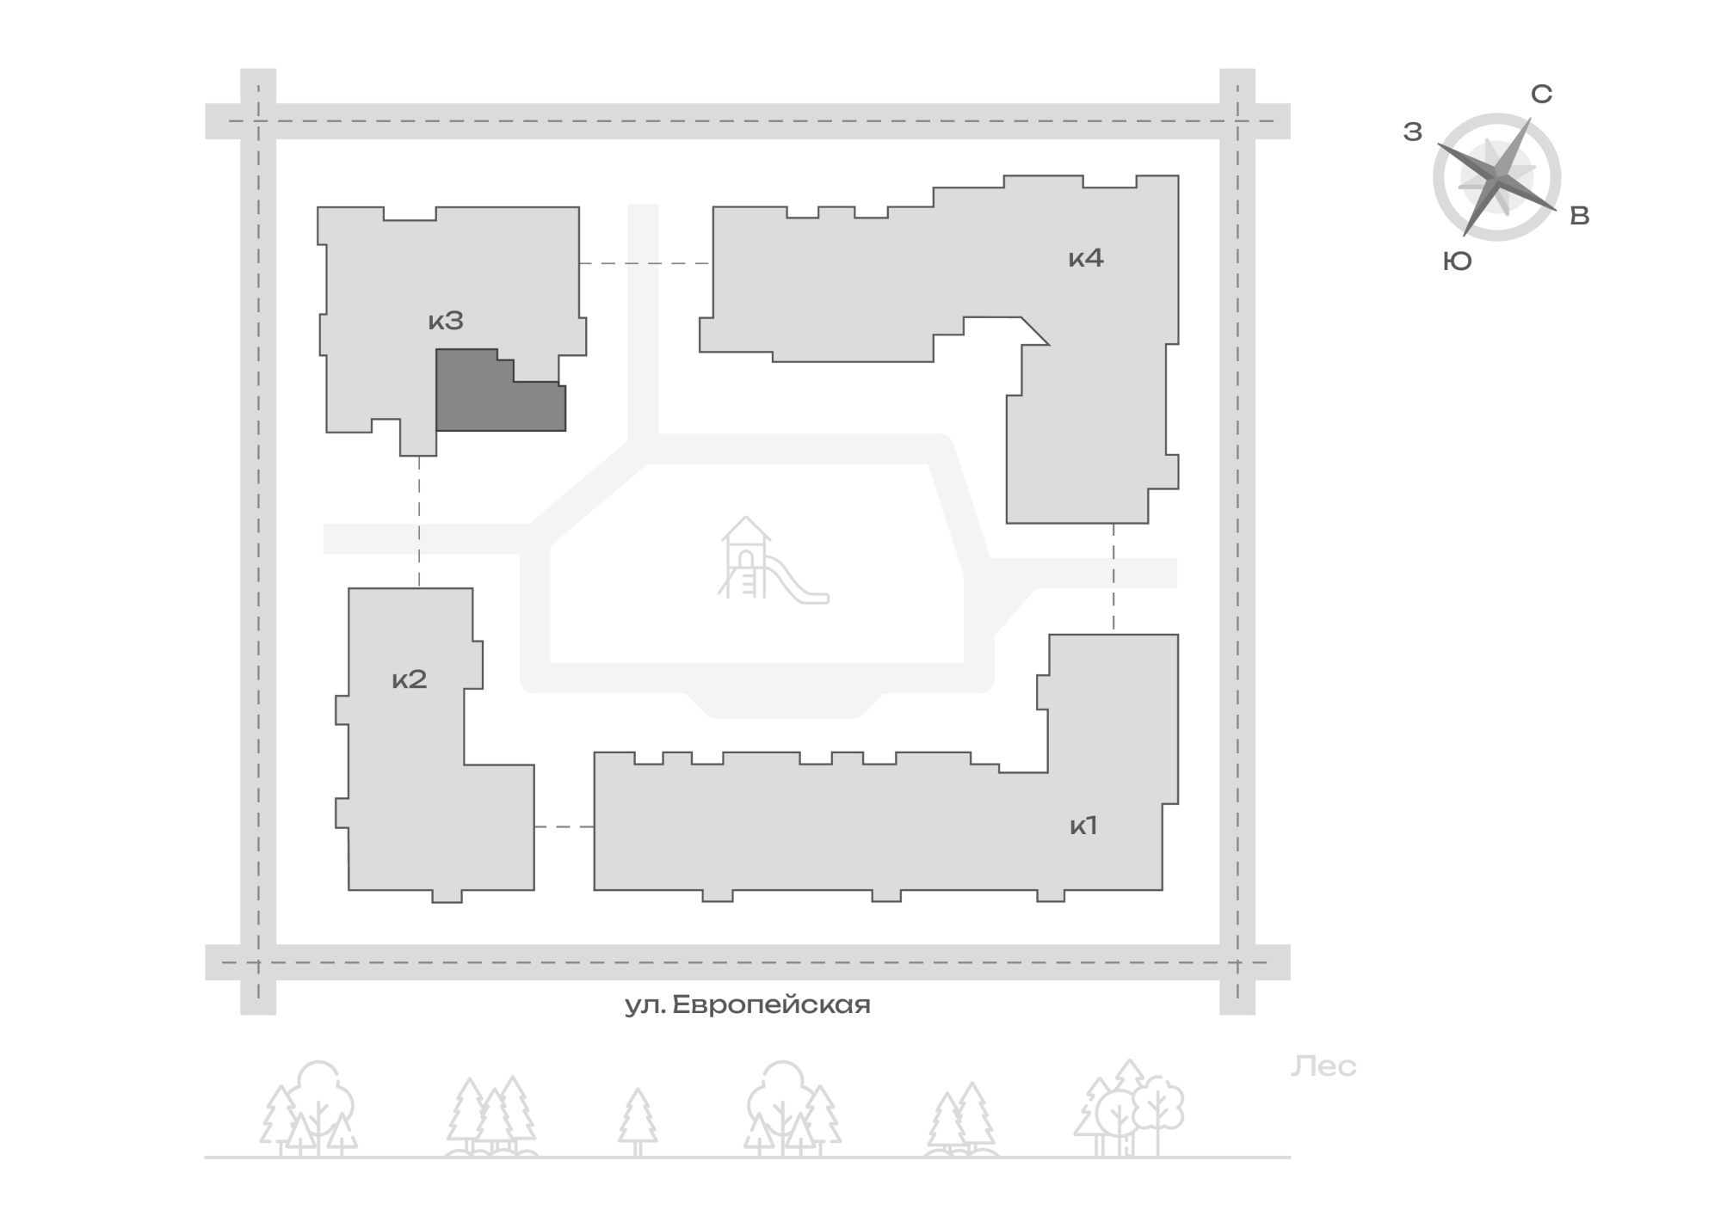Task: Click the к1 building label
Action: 1083,826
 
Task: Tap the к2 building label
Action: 410,679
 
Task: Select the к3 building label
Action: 446,321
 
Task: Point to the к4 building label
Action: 1086,257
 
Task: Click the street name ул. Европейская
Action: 748,1005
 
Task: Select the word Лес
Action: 1323,1066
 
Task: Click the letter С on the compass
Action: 1542,94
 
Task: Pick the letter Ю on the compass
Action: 1458,261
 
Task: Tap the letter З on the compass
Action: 1413,132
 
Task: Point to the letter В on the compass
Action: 1580,216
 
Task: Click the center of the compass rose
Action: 1497,177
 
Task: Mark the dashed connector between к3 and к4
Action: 645,263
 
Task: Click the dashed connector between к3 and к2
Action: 419,522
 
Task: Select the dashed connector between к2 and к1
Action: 564,826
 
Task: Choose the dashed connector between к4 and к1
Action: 1113,579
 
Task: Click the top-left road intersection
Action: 258,121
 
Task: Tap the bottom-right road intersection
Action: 1237,962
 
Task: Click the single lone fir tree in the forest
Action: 638,1122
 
